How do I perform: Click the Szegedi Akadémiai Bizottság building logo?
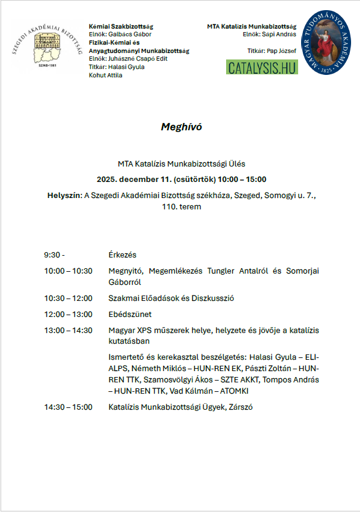pos(47,46)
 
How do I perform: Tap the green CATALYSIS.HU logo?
pos(262,67)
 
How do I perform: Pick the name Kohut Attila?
pos(105,76)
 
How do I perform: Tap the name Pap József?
pos(281,51)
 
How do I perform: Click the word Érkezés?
pos(123,255)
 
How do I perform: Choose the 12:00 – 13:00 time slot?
pos(68,313)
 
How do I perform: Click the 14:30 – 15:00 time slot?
pos(68,407)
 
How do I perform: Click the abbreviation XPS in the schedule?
pos(145,330)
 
